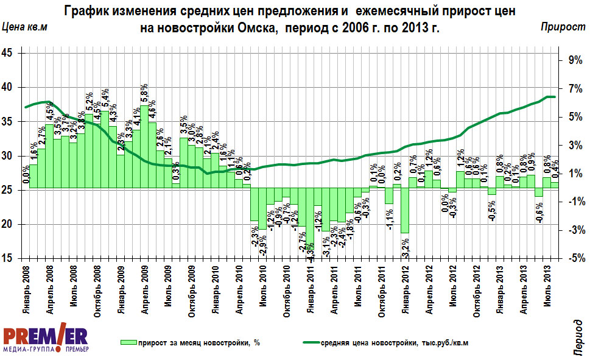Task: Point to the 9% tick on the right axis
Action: (575, 59)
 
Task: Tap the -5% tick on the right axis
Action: (575, 258)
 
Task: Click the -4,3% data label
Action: (311, 251)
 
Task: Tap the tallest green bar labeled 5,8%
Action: (144, 147)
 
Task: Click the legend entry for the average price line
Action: (384, 343)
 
